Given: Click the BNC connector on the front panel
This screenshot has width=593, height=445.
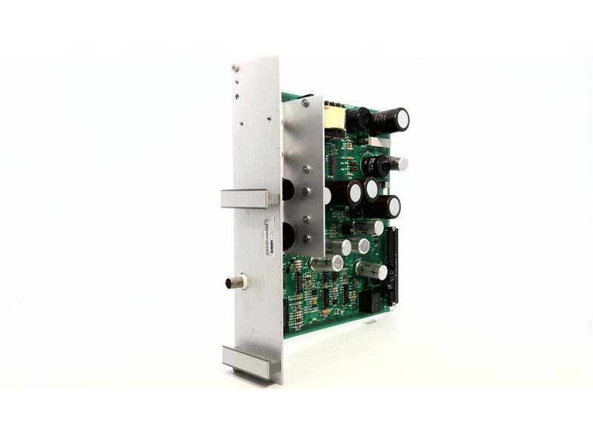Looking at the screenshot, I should click(236, 282).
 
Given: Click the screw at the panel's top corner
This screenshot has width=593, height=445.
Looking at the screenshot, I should click(235, 68).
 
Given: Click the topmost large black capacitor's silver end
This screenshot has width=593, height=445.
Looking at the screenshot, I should click(401, 118).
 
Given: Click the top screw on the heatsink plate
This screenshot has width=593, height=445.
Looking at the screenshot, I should click(305, 103).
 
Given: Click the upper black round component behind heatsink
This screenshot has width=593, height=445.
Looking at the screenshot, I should click(288, 189).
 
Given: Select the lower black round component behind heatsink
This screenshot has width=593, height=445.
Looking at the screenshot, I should click(288, 236).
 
